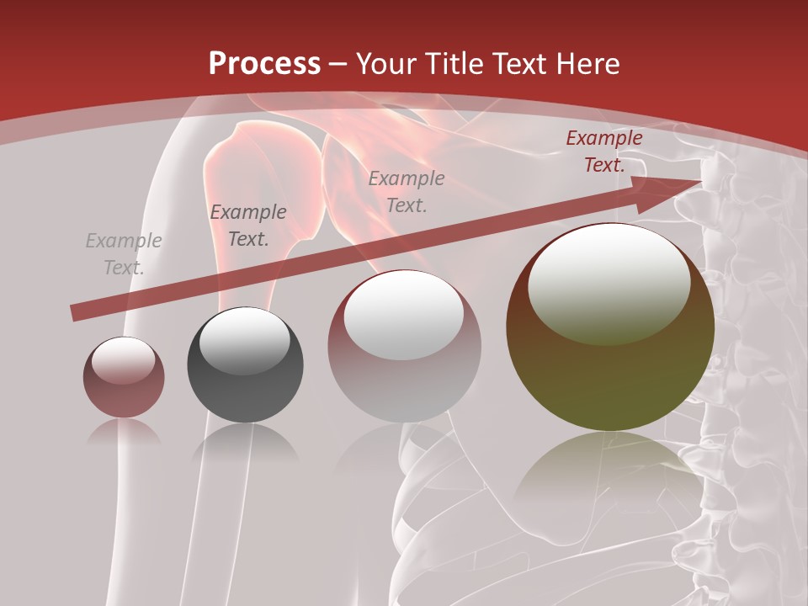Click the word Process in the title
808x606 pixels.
264,64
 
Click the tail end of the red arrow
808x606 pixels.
76,313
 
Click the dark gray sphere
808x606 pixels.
245,365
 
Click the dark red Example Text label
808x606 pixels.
604,151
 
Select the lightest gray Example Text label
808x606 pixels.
124,254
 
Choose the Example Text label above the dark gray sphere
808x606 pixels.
248,226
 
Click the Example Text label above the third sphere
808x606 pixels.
407,191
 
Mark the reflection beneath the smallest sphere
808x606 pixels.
124,433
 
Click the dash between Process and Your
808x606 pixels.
338,64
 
